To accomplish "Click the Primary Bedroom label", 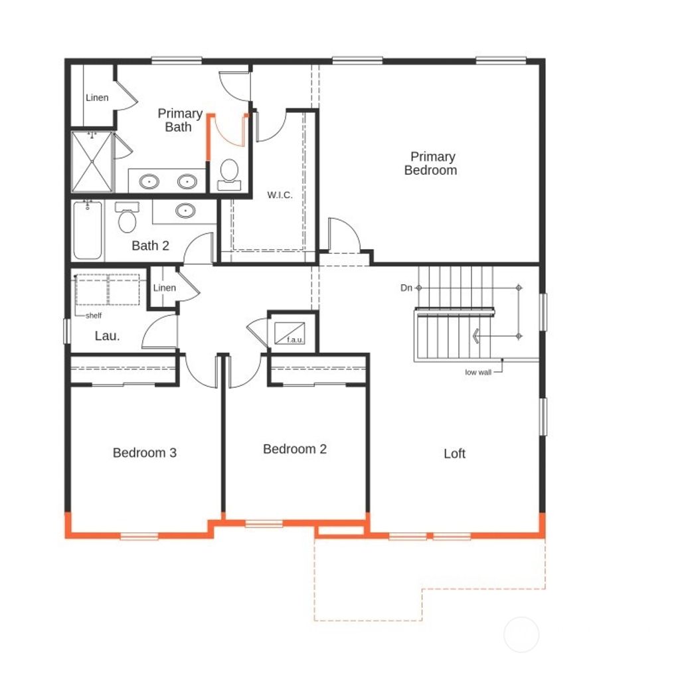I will [432, 163].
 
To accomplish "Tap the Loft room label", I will [454, 454].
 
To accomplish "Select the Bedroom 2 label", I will [295, 449].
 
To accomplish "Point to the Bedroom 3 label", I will [145, 453].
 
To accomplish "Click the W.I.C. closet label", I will [280, 195].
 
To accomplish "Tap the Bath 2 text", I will [150, 246].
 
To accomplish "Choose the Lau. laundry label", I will [107, 336].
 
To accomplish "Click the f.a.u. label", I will [294, 340].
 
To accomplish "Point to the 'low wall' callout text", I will [478, 373].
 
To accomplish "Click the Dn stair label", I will [406, 288].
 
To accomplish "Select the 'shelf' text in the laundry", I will [93, 316].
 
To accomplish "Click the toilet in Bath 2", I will [127, 218].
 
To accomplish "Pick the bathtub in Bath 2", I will [88, 231].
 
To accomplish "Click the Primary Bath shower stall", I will [92, 162].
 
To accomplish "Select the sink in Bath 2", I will [185, 211].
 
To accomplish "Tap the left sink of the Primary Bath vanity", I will [149, 181].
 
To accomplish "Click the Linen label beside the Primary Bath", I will [97, 98].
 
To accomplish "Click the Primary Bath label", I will [179, 120].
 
